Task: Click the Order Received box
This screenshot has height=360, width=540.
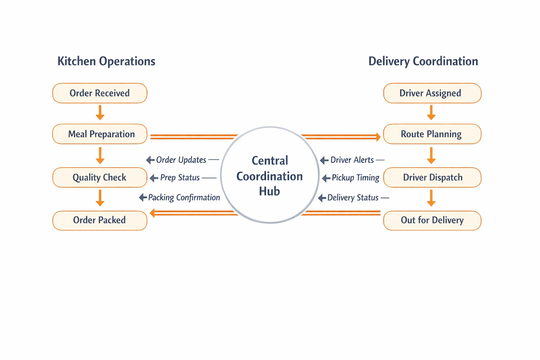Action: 100,93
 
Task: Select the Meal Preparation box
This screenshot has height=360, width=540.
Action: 100,134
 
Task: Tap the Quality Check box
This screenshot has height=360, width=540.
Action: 100,178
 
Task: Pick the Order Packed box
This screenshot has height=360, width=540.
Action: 100,220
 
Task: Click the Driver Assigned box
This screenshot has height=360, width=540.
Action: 432,93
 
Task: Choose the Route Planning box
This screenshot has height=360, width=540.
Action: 432,134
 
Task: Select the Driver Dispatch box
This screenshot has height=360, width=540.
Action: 432,178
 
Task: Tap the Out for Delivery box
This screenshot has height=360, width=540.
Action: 432,220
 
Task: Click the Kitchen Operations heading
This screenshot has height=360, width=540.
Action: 106,61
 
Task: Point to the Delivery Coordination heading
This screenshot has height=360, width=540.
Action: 423,61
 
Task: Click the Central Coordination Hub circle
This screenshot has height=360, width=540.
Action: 270,175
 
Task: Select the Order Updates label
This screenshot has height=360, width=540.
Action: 181,160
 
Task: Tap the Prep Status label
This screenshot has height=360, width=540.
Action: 180,178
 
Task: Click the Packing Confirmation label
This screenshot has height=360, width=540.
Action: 184,198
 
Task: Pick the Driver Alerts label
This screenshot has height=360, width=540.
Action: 352,160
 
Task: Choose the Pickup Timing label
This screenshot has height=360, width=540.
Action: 355,178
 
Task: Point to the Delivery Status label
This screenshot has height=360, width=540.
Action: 353,198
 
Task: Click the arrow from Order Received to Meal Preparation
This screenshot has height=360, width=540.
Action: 100,112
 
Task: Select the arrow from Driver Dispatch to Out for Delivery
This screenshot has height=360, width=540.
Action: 431,198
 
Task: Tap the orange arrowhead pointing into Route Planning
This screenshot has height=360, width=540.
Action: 378,137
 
